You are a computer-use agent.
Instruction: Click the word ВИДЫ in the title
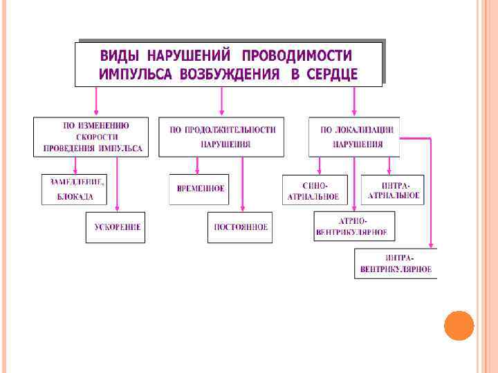(x=120, y=56)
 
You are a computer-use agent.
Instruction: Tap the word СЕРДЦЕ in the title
(x=334, y=75)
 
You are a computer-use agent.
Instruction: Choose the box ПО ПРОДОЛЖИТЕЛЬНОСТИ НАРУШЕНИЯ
(x=221, y=137)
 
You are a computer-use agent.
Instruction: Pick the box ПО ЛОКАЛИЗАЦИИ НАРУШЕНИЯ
(x=354, y=136)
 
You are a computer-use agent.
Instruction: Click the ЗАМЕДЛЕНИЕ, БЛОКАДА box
(x=75, y=189)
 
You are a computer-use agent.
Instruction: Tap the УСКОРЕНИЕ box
(x=116, y=227)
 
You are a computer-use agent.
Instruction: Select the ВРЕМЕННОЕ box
(x=199, y=189)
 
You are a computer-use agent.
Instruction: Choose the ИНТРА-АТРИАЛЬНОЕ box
(x=393, y=190)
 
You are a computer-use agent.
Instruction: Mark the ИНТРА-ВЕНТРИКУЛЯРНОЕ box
(x=396, y=264)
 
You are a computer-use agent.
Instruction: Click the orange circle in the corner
(x=459, y=325)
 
